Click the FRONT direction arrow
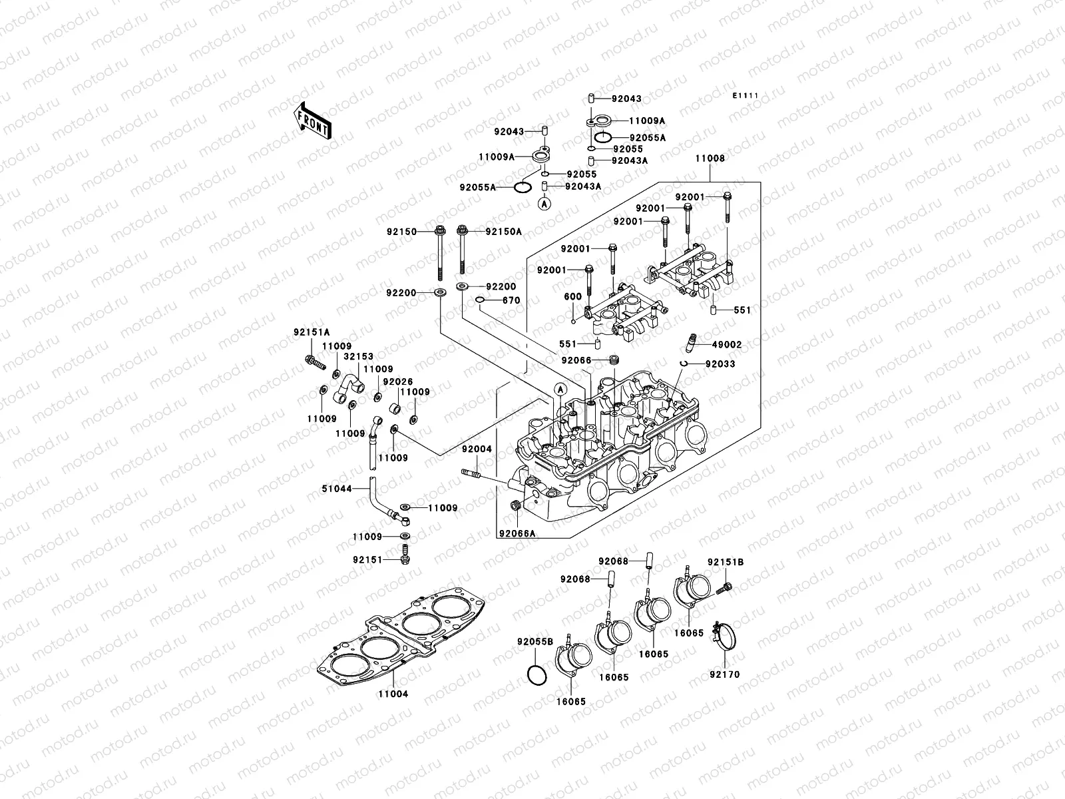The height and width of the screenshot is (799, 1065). click(323, 121)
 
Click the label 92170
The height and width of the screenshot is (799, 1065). click(724, 674)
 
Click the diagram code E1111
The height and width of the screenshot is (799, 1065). click(747, 96)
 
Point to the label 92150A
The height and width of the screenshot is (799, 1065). click(503, 232)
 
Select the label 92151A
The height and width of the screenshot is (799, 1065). click(312, 332)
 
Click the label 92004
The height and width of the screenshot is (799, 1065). click(477, 449)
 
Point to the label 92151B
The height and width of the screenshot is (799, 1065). click(726, 563)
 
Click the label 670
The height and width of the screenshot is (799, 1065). click(511, 300)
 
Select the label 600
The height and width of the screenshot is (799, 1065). click(572, 297)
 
